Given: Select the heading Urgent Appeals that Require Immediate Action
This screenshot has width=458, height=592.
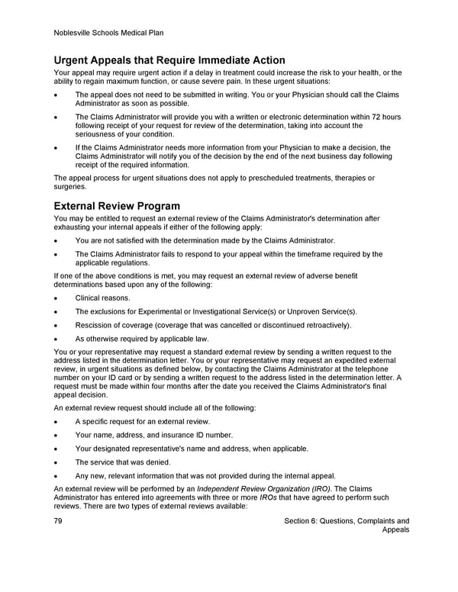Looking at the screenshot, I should pos(169,60).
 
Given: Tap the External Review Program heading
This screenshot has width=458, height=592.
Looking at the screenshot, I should pos(118,206).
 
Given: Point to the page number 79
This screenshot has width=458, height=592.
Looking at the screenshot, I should pos(59,521).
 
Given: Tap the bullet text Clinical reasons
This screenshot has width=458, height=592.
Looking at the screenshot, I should pos(102,298).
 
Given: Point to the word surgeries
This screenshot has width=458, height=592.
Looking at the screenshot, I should pos(70,187).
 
